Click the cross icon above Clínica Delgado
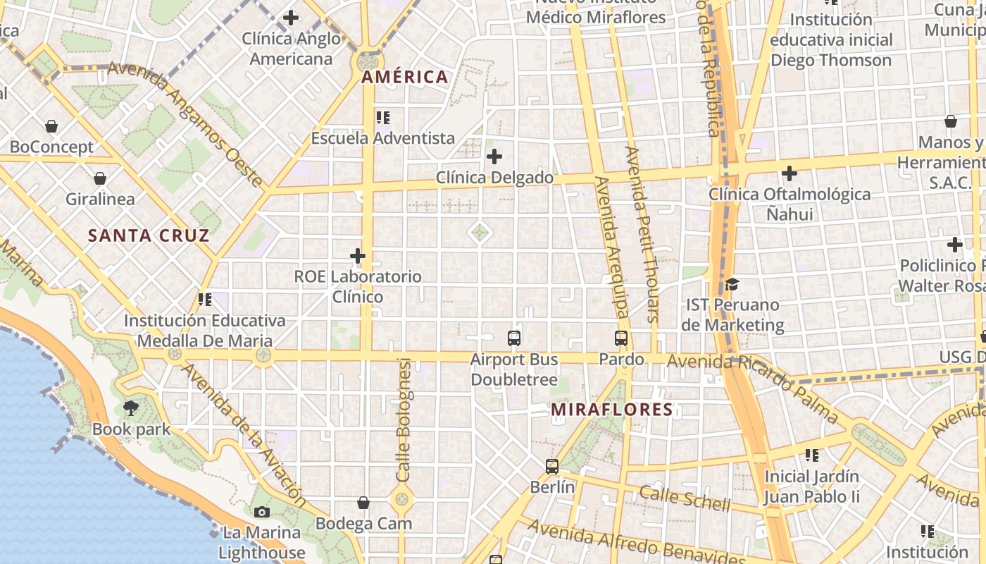click(494, 156)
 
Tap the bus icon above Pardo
click(620, 338)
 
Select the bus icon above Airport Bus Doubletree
click(514, 338)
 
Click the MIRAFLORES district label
click(611, 410)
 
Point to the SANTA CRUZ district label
click(149, 235)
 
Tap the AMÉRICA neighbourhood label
click(405, 77)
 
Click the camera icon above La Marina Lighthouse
click(262, 512)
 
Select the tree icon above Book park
click(131, 407)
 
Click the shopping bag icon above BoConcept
click(51, 126)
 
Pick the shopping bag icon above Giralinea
click(100, 178)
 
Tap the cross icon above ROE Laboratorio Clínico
click(358, 255)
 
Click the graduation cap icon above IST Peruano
click(732, 284)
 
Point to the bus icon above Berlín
click(552, 466)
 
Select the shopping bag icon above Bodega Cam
click(363, 503)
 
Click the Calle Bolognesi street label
click(404, 419)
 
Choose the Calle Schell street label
click(685, 497)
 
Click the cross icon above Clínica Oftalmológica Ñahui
click(789, 173)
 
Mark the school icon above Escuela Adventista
click(382, 117)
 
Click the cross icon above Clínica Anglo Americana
click(291, 18)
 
